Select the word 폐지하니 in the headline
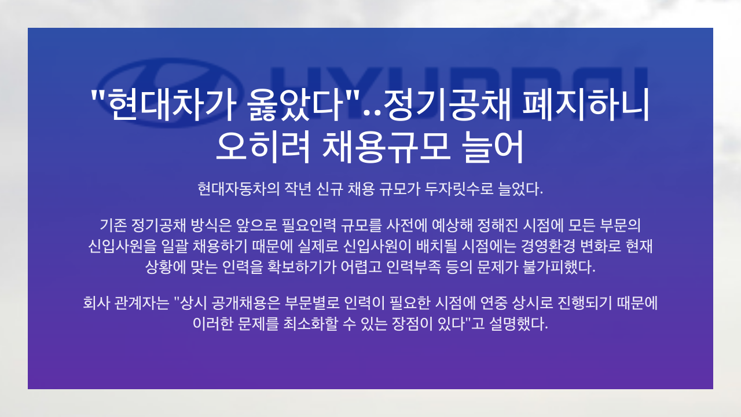(x=585, y=105)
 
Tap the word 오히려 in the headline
(x=263, y=147)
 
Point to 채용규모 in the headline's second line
(x=386, y=147)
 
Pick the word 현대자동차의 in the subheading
(x=239, y=189)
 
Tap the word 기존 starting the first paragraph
(x=113, y=225)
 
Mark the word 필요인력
(x=309, y=225)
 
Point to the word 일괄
(x=174, y=246)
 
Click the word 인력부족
(x=413, y=267)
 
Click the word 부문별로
(x=312, y=303)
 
